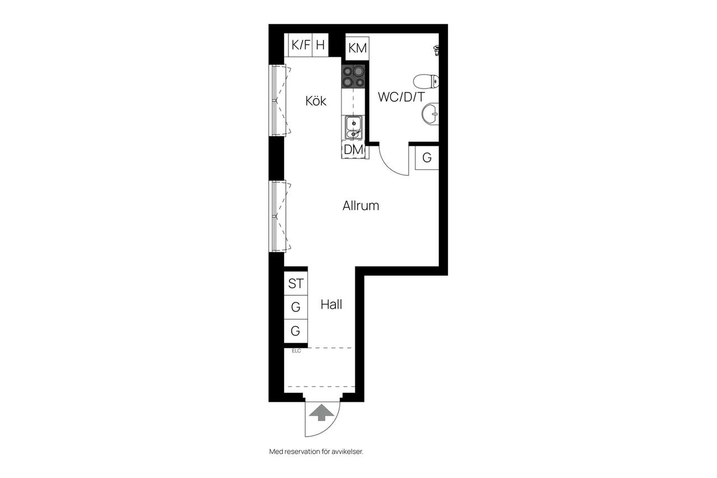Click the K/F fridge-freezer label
pyautogui.click(x=301, y=45)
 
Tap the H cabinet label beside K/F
pyautogui.click(x=320, y=45)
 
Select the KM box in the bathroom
pyautogui.click(x=357, y=48)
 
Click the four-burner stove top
pyautogui.click(x=353, y=77)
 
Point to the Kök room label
pyautogui.click(x=316, y=101)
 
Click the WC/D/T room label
pyautogui.click(x=402, y=97)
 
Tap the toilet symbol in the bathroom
pyautogui.click(x=426, y=81)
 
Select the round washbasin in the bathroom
pyautogui.click(x=430, y=114)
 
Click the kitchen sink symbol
pyautogui.click(x=353, y=127)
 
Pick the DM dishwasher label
pyautogui.click(x=353, y=150)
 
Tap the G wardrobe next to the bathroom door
pyautogui.click(x=427, y=157)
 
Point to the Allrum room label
pyautogui.click(x=361, y=206)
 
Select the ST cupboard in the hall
pyautogui.click(x=296, y=284)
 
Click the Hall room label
pyautogui.click(x=331, y=304)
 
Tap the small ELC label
pyautogui.click(x=296, y=351)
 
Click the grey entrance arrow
pyautogui.click(x=322, y=412)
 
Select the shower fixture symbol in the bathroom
pyautogui.click(x=436, y=50)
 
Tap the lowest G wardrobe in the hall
pyautogui.click(x=296, y=331)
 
